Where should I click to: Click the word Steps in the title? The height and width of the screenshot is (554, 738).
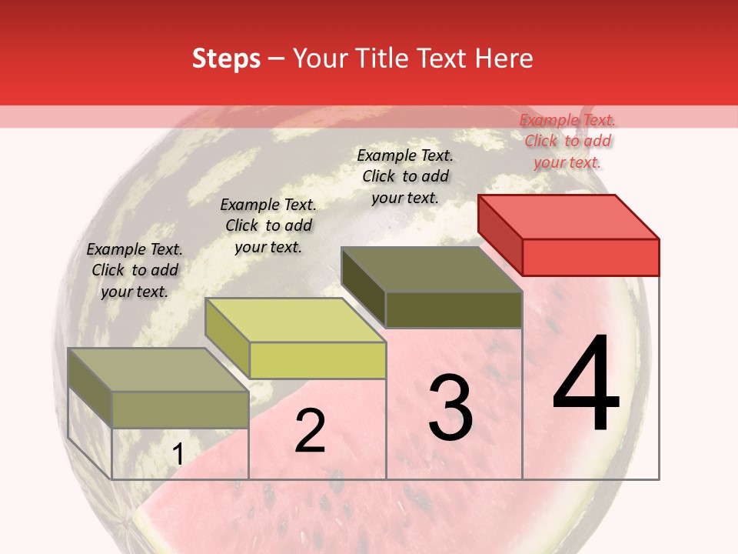226,58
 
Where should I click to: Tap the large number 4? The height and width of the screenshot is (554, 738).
587,385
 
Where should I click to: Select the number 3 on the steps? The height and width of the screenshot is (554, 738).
450,408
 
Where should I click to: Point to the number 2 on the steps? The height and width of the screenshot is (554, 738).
310,431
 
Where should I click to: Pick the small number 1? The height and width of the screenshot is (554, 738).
178,455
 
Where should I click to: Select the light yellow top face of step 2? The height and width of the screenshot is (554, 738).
295,320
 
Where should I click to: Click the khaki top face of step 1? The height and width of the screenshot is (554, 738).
158,370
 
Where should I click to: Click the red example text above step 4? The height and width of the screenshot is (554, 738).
567,141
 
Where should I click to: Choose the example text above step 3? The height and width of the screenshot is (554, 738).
405,176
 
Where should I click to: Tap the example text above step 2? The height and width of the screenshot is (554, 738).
268,225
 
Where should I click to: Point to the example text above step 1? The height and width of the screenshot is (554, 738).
135,270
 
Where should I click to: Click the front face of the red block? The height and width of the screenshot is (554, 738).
590,257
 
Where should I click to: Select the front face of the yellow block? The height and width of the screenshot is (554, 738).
317,360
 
